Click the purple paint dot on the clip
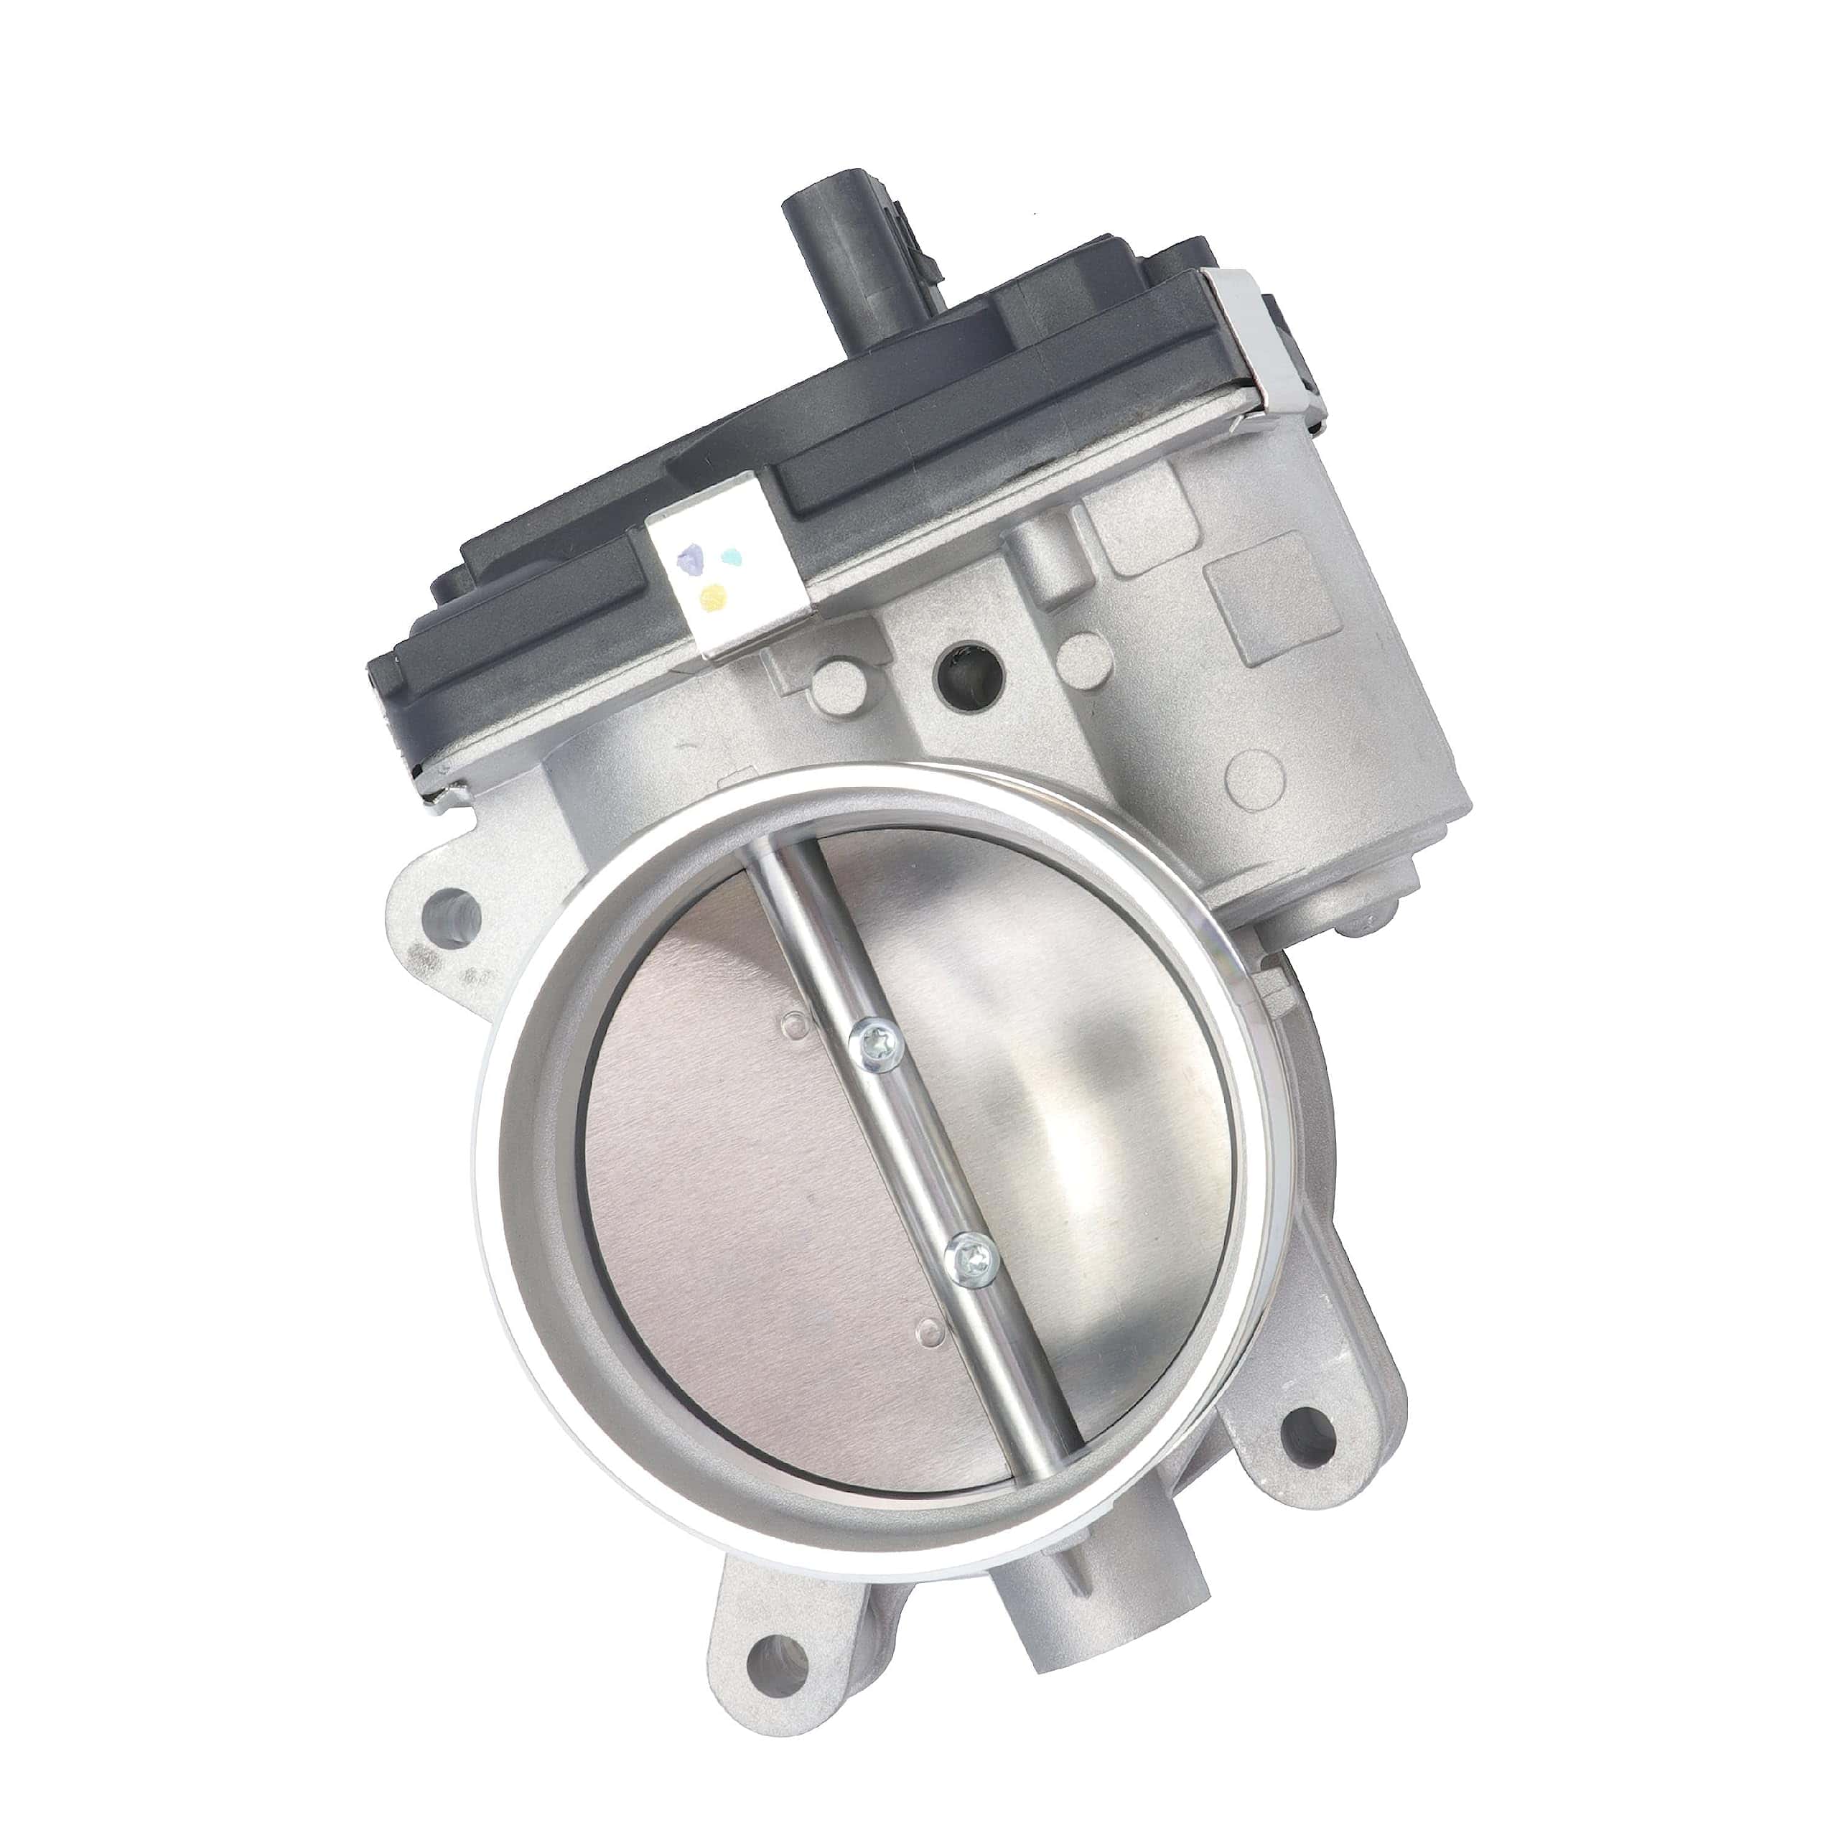699,560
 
